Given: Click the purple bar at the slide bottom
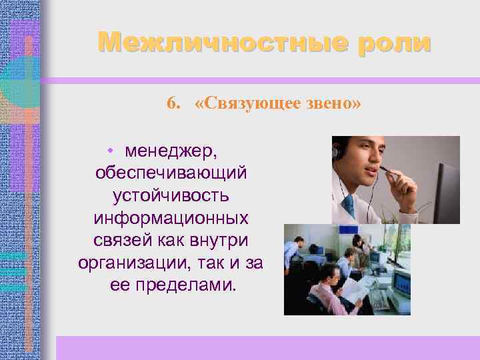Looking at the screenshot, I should pyautogui.click(x=267, y=347).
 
